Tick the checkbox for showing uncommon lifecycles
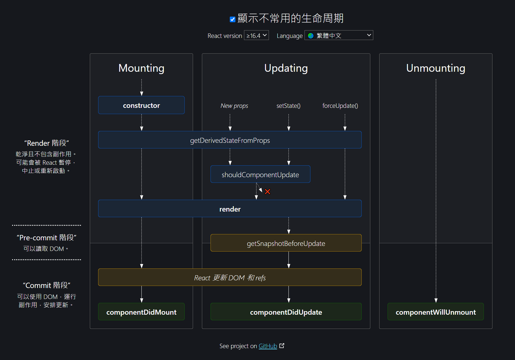(x=233, y=20)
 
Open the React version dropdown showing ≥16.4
(x=256, y=36)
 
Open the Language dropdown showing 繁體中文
(x=339, y=36)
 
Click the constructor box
(x=141, y=105)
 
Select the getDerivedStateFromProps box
(x=230, y=140)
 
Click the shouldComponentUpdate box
(x=260, y=175)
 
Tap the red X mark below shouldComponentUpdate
(x=267, y=192)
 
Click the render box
(x=230, y=209)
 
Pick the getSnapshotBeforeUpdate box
(x=286, y=243)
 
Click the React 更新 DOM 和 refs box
(x=230, y=278)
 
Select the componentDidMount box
(x=141, y=312)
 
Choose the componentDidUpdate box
(x=286, y=312)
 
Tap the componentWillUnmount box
(x=436, y=312)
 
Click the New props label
(x=234, y=106)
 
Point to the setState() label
(x=288, y=106)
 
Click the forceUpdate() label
(x=340, y=106)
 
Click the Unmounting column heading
(x=436, y=68)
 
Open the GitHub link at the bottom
(x=268, y=346)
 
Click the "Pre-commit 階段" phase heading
(x=47, y=238)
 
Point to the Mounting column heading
(x=141, y=68)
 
